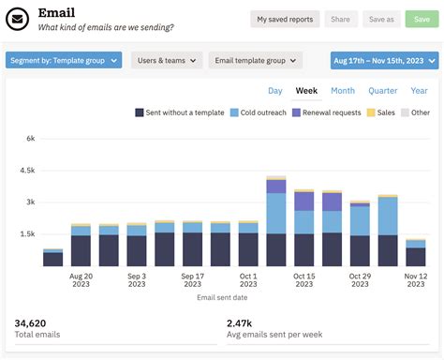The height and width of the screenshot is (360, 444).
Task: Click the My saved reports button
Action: (x=285, y=19)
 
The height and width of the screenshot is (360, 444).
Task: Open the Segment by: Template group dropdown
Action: (x=64, y=60)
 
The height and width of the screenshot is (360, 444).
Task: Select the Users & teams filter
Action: (x=167, y=60)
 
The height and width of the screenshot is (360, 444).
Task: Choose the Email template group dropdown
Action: (x=256, y=60)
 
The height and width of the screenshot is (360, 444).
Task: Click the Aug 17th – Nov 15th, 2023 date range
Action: (x=384, y=60)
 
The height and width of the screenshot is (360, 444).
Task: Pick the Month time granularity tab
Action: (x=343, y=91)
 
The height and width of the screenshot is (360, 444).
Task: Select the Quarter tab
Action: (x=383, y=91)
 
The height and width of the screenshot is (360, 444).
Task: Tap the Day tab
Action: (x=275, y=91)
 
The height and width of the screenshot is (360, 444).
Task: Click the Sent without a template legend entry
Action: (x=180, y=112)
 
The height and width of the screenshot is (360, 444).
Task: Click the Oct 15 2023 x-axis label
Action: (x=304, y=281)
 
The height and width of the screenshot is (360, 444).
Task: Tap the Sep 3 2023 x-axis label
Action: (x=137, y=281)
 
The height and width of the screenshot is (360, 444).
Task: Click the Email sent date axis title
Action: (x=222, y=298)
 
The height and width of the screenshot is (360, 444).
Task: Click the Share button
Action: (x=340, y=19)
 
